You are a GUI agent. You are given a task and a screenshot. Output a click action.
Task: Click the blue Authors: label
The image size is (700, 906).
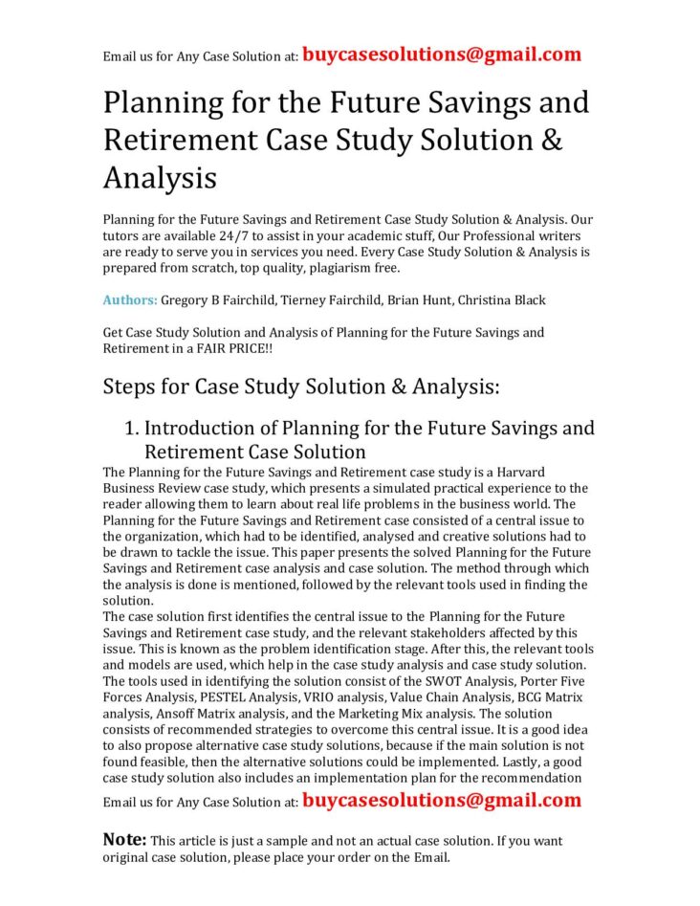click(x=130, y=300)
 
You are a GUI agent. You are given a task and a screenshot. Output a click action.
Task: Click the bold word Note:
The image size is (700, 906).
click(x=124, y=840)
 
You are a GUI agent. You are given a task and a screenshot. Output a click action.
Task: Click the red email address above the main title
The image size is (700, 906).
click(x=442, y=55)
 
